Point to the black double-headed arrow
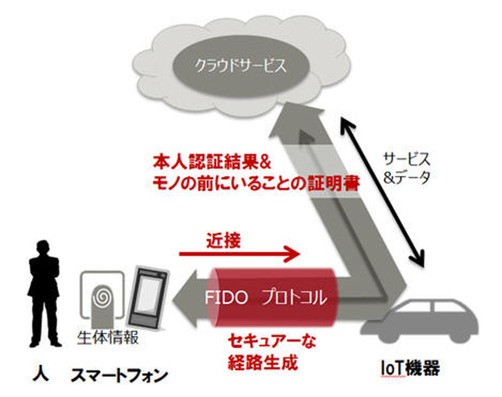click(x=383, y=188)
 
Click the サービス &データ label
click(x=407, y=168)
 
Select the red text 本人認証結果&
click(x=211, y=162)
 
